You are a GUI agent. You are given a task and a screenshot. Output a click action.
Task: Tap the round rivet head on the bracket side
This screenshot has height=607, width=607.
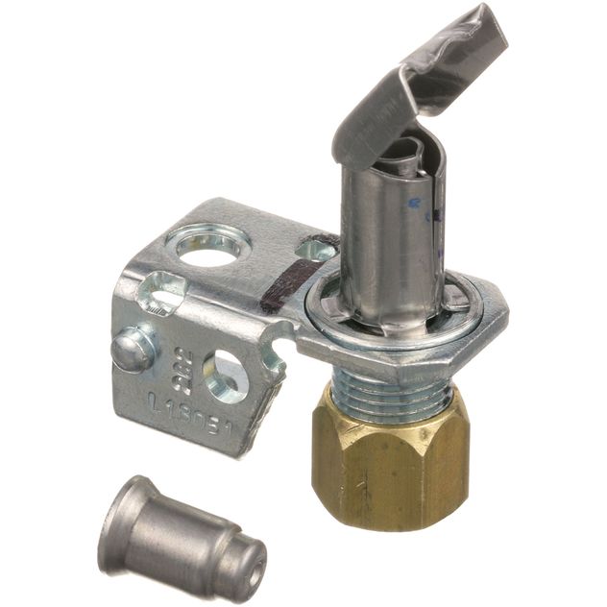tap(133, 351)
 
